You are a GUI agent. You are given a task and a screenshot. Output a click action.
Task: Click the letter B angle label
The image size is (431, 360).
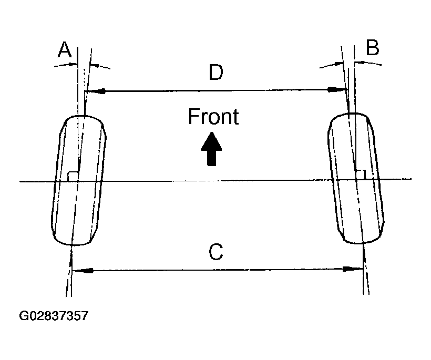click(x=372, y=48)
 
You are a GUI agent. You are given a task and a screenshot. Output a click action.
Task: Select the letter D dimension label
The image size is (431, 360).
click(x=215, y=73)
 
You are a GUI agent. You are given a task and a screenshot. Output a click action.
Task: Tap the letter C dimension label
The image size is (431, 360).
click(x=216, y=253)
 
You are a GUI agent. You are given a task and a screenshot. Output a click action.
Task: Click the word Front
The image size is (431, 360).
click(x=213, y=117)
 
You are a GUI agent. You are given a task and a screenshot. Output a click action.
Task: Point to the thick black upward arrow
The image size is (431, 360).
click(x=211, y=149)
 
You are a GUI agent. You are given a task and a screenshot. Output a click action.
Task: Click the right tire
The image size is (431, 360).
click(x=355, y=179)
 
